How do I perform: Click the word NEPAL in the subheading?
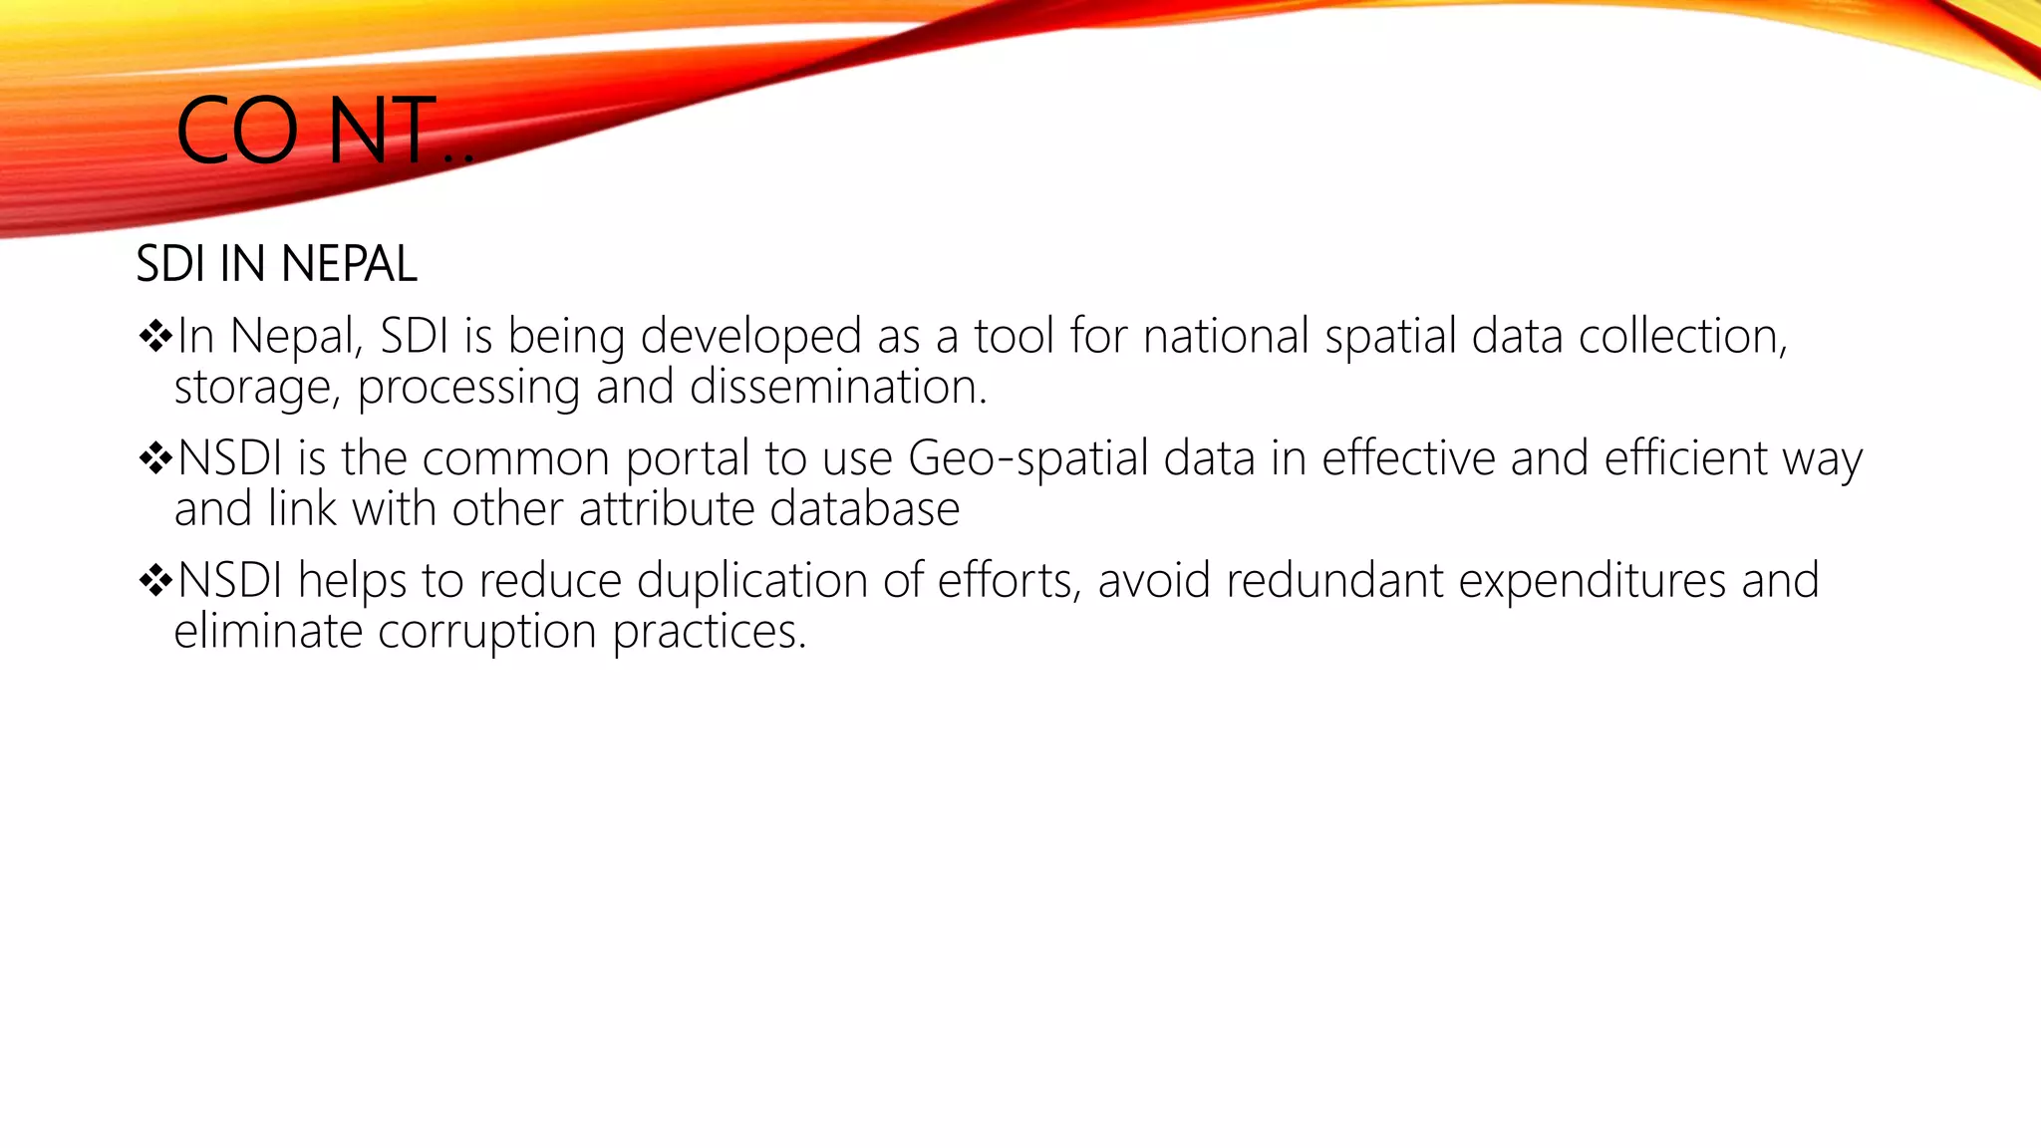tap(349, 265)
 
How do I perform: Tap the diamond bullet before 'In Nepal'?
tap(155, 336)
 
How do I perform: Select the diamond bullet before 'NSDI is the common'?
tap(155, 458)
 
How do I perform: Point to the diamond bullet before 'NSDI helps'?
tap(155, 580)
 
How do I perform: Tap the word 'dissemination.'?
tap(838, 388)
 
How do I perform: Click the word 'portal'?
tap(688, 459)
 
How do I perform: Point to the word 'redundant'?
tap(1334, 581)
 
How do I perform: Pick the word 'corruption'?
tap(487, 632)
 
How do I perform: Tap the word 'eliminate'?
tap(268, 632)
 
